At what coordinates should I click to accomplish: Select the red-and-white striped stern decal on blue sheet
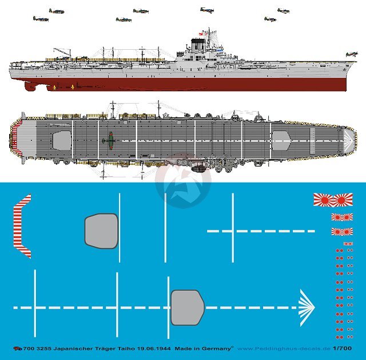click(x=22, y=226)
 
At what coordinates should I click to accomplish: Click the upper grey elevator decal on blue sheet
click(x=101, y=231)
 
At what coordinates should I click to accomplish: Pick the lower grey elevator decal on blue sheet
click(x=188, y=307)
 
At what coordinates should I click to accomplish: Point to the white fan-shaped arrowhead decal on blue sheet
click(x=306, y=307)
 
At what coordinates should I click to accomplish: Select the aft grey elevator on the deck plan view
click(x=62, y=139)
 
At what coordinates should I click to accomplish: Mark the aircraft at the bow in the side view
click(x=350, y=54)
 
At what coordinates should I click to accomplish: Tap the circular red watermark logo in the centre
click(x=183, y=180)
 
